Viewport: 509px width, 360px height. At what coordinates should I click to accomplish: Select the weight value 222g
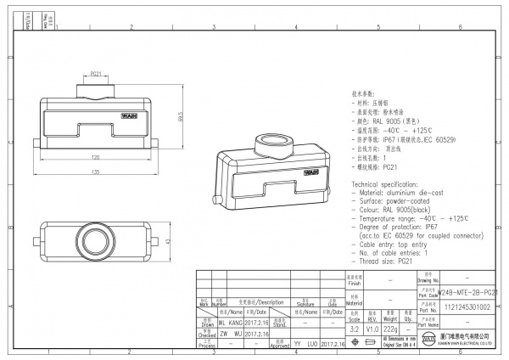391,327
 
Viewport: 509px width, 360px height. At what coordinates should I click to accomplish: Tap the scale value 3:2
354,327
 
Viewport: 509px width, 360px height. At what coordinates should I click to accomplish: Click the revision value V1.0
372,327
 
